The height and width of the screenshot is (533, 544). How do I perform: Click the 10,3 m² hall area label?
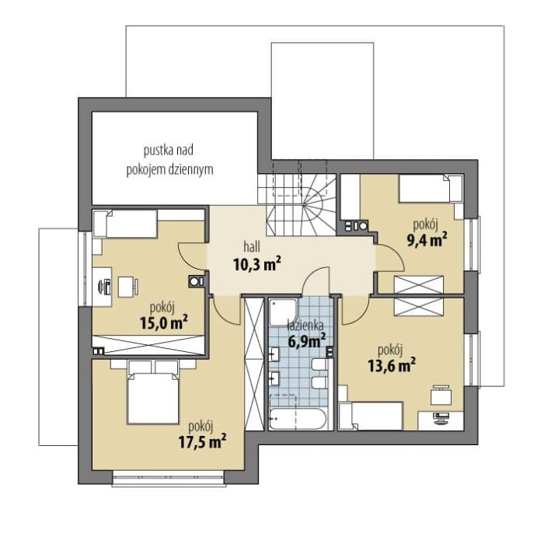click(256, 265)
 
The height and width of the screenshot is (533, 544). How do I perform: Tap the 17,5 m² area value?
click(202, 441)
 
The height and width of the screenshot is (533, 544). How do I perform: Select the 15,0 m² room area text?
click(164, 322)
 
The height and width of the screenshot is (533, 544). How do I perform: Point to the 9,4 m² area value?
click(427, 239)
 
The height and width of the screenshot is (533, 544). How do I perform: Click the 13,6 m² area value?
click(392, 365)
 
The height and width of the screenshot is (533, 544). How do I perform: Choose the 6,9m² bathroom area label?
click(307, 340)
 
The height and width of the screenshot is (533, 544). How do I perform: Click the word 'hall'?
click(252, 247)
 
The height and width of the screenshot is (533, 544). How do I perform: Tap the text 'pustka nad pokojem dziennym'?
click(169, 160)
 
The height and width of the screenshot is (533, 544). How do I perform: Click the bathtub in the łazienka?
click(298, 418)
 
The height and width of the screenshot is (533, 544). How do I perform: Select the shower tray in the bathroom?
click(283, 312)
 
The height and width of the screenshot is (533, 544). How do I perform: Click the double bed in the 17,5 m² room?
click(153, 392)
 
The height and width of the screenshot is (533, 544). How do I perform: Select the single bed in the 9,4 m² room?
click(431, 189)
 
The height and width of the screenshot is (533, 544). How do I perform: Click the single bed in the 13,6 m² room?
click(371, 416)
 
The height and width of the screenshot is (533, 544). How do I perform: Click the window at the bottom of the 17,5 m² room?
click(169, 479)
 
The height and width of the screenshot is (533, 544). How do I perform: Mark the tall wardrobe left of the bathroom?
click(254, 364)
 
